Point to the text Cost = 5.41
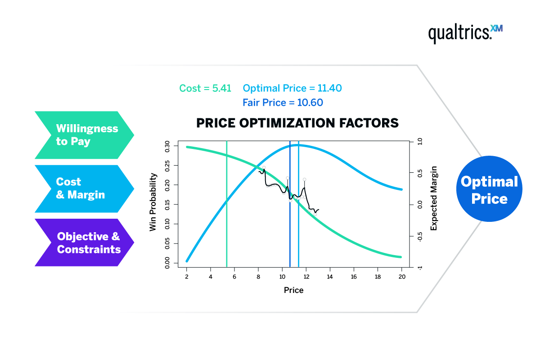tap(205, 88)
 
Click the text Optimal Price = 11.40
tap(292, 88)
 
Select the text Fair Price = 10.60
tap(283, 103)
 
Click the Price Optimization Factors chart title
tap(297, 123)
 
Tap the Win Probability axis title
tap(153, 202)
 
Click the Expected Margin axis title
tap(434, 198)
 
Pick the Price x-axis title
tap(293, 290)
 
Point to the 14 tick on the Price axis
tap(330, 276)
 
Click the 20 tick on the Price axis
tap(402, 276)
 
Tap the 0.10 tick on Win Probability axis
tap(167, 224)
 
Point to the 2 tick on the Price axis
tap(186, 276)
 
